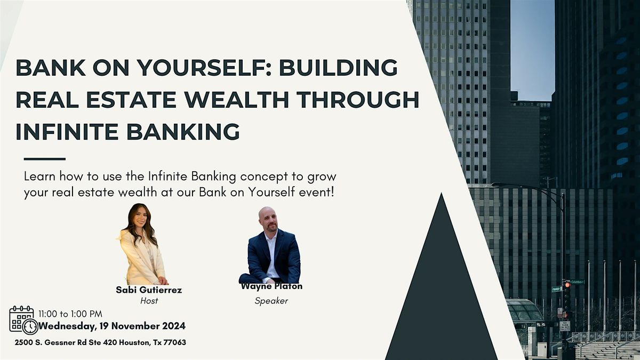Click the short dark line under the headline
click(x=45, y=158)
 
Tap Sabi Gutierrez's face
click(x=139, y=218)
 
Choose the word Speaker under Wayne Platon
click(x=271, y=301)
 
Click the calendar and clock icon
click(x=23, y=320)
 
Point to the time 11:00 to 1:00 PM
click(x=70, y=314)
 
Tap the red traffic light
click(x=567, y=285)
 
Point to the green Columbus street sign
click(x=577, y=282)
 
